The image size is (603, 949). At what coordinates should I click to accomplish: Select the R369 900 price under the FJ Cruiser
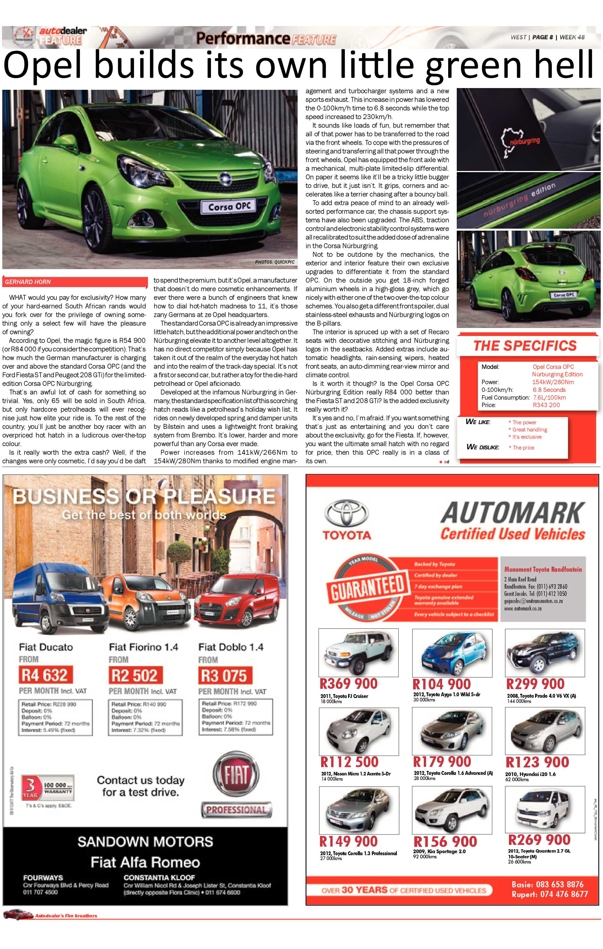tap(349, 684)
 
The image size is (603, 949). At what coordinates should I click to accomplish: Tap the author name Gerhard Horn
tap(28, 282)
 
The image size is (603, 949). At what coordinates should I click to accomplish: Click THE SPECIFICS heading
tap(525, 346)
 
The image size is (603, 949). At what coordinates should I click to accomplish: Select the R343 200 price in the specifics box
tap(546, 405)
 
